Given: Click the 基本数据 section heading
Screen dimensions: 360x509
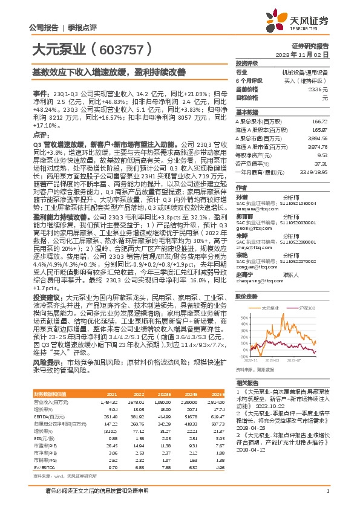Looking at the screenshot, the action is click(x=247, y=113).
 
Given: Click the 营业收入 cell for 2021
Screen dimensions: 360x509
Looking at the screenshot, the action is click(x=110, y=401).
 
